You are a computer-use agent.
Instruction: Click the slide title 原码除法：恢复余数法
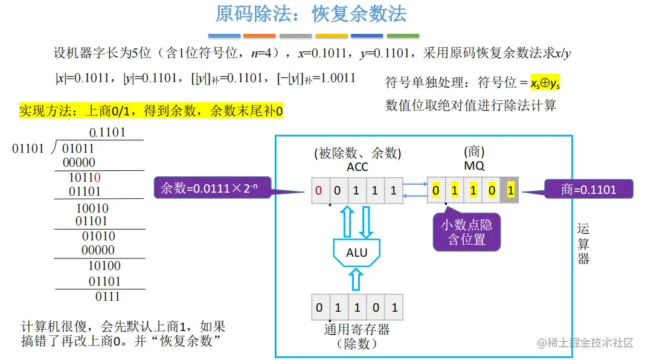[x=311, y=14]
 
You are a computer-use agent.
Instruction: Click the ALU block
[x=357, y=252]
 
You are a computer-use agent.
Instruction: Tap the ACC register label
[x=358, y=167]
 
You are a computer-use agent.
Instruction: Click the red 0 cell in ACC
[x=319, y=190]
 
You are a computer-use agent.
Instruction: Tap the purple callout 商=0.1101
[x=588, y=190]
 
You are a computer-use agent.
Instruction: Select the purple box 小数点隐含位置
[x=466, y=232]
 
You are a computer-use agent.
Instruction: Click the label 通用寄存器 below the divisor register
[x=357, y=329]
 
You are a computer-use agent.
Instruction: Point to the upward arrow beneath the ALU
[x=356, y=280]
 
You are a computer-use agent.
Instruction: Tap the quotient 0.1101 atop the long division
[x=107, y=132]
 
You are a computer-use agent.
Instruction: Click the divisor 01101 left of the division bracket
[x=28, y=148]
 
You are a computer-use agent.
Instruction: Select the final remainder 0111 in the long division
[x=107, y=297]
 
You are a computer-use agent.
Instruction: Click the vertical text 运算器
[x=583, y=243]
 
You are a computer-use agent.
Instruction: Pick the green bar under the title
[x=403, y=36]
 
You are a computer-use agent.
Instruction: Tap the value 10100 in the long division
[x=104, y=266]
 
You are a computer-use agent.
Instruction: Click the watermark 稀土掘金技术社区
[x=585, y=343]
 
